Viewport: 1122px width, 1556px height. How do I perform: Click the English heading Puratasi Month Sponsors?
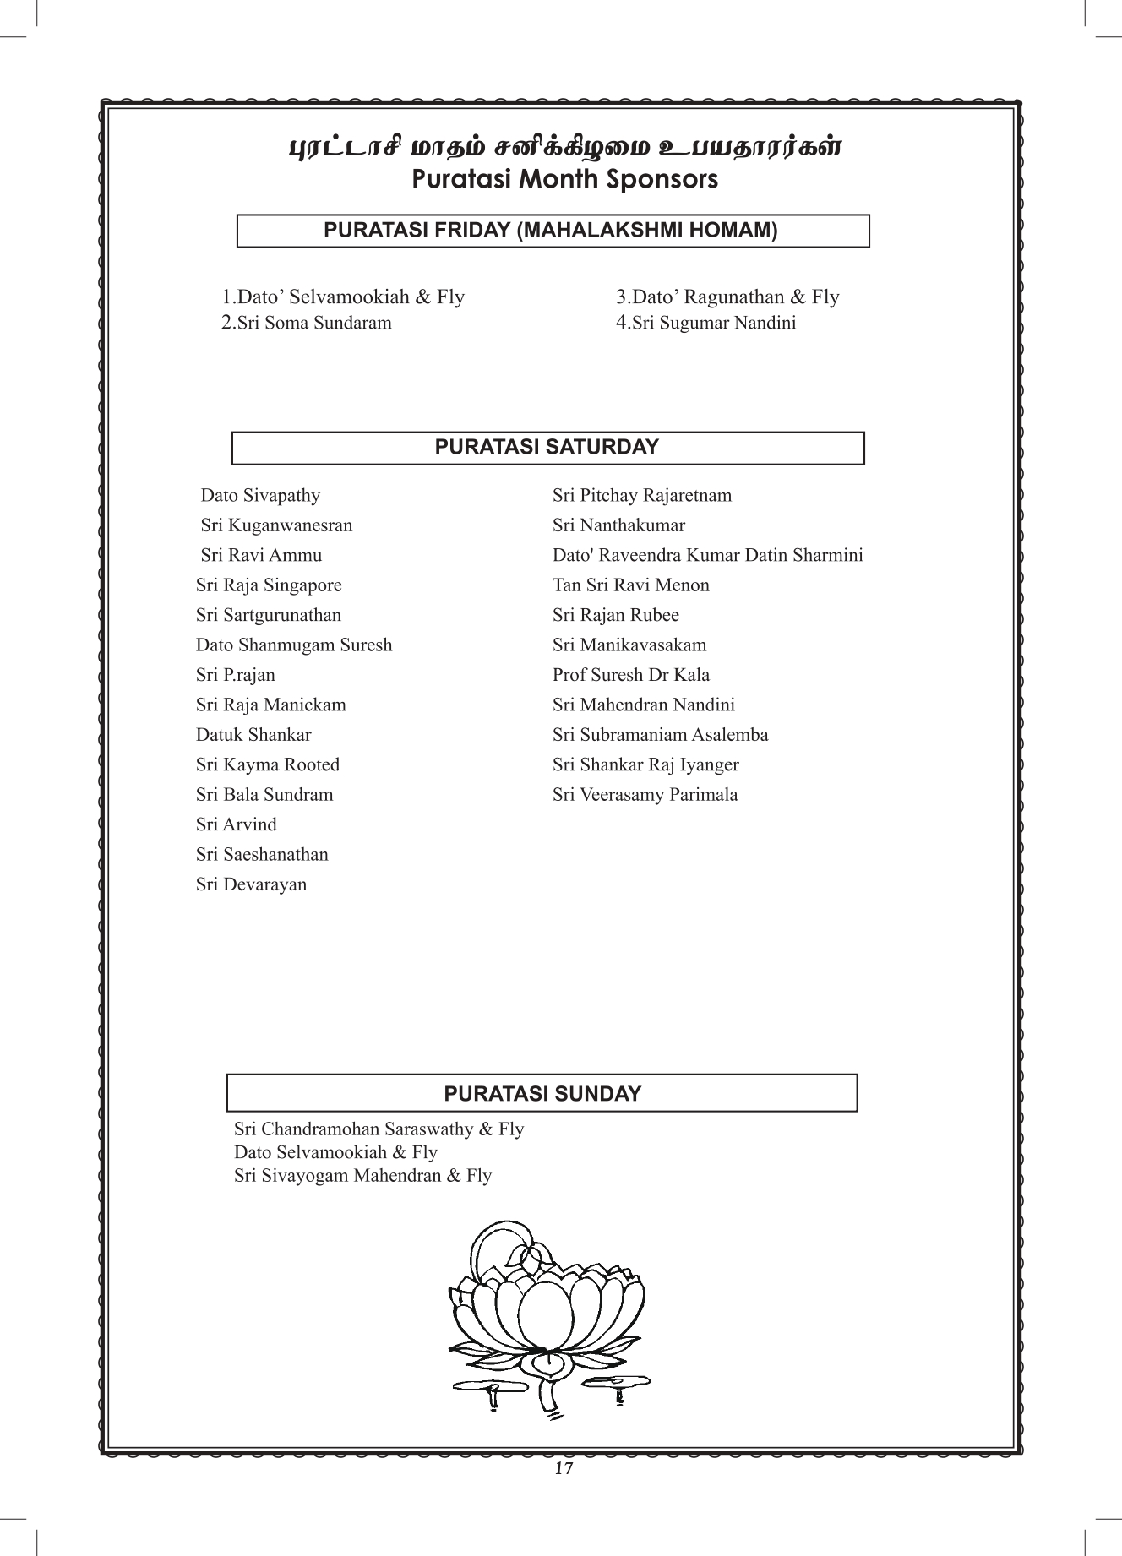point(564,180)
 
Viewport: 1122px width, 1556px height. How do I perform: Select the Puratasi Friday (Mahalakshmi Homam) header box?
point(553,231)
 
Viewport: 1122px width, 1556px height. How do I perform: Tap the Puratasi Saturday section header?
point(547,448)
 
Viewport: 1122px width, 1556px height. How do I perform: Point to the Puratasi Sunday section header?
point(542,1094)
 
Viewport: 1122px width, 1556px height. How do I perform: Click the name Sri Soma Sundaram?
point(307,323)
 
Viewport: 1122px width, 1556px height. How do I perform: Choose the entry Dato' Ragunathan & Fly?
point(727,297)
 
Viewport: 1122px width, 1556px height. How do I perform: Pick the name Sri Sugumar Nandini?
point(706,323)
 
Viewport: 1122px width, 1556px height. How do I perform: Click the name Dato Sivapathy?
point(260,495)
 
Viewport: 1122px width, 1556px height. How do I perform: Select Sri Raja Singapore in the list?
point(269,585)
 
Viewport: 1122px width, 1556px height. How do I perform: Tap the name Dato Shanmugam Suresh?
point(294,645)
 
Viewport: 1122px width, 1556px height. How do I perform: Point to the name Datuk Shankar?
point(253,735)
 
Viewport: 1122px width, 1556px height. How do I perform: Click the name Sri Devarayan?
point(251,884)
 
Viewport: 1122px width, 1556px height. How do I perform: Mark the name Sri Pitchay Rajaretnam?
point(642,495)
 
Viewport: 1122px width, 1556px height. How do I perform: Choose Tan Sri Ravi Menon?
point(631,585)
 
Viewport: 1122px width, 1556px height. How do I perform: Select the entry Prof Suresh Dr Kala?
point(631,675)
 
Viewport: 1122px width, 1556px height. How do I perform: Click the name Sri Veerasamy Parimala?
point(645,795)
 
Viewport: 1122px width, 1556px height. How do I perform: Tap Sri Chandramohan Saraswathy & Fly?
point(379,1129)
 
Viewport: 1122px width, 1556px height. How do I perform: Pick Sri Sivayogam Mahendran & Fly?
point(362,1176)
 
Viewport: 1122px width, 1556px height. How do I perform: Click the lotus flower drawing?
point(547,1318)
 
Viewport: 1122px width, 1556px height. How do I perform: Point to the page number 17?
point(564,1468)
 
